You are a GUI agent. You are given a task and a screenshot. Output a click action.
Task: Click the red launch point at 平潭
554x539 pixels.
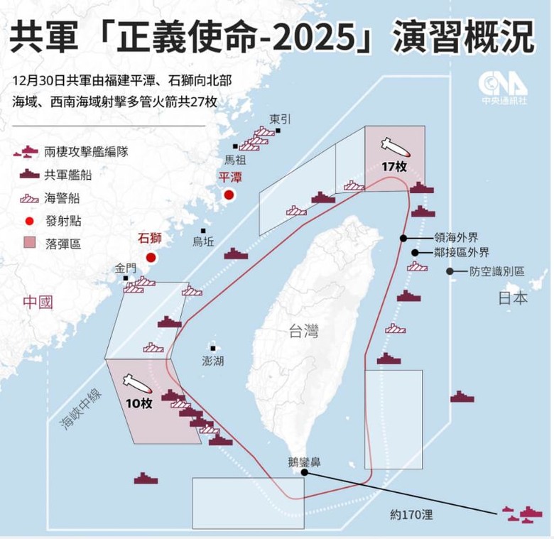pyautogui.click(x=229, y=195)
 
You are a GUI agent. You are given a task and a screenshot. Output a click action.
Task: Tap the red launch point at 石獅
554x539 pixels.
pyautogui.click(x=151, y=258)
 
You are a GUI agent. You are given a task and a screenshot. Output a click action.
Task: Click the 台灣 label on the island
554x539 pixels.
pyautogui.click(x=303, y=331)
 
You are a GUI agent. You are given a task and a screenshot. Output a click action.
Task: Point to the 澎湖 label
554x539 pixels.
pyautogui.click(x=213, y=361)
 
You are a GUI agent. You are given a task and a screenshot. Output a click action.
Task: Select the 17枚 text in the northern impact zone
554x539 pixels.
pyautogui.click(x=392, y=167)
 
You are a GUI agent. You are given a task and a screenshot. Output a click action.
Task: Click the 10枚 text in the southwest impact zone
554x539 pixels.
pyautogui.click(x=137, y=403)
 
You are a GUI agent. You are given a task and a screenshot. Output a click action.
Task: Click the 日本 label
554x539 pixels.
pyautogui.click(x=512, y=298)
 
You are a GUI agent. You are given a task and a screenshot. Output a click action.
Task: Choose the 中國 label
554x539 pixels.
pyautogui.click(x=38, y=302)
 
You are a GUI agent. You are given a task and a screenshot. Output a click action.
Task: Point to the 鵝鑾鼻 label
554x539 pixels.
pyautogui.click(x=305, y=461)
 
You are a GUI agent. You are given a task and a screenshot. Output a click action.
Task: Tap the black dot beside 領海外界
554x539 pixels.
pyautogui.click(x=403, y=238)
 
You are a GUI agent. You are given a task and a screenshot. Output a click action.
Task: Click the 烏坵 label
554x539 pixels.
pyautogui.click(x=202, y=241)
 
